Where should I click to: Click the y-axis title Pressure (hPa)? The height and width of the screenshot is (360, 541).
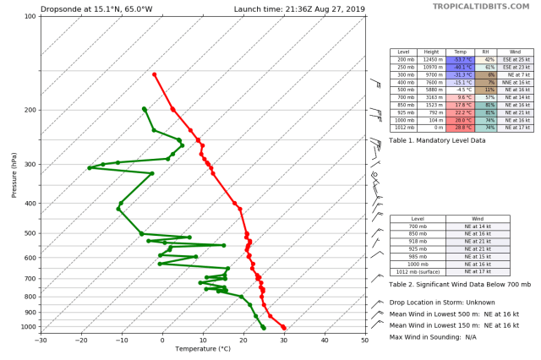point(15,172)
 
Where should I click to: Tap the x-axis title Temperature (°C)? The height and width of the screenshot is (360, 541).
point(202,348)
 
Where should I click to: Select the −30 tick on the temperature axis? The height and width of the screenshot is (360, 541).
point(41,340)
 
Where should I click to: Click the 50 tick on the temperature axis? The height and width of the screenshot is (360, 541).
point(365,340)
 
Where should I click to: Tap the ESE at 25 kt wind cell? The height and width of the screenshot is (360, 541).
point(515,60)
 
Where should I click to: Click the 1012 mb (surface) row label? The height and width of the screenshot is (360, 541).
point(418,272)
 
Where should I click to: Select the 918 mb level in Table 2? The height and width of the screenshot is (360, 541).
point(418,241)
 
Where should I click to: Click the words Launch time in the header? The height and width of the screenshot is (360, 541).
point(257,10)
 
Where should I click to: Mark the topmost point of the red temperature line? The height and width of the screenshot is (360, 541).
point(154,74)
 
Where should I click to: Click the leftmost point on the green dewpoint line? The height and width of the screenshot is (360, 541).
point(89,167)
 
